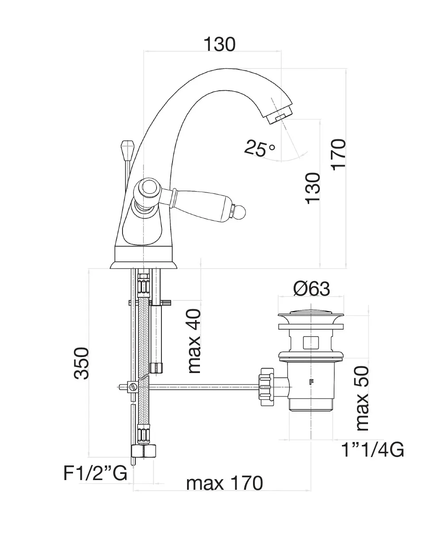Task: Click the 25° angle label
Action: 259,148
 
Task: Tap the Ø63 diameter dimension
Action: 311,289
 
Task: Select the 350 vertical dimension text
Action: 81,363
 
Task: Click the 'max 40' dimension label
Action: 194,341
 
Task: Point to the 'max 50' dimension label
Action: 362,398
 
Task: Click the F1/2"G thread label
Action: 95,473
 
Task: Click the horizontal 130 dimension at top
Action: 219,44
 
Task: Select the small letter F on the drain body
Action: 311,382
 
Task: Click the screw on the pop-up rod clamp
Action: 133,387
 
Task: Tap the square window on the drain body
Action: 311,342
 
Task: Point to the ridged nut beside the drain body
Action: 266,387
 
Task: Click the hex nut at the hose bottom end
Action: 144,451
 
